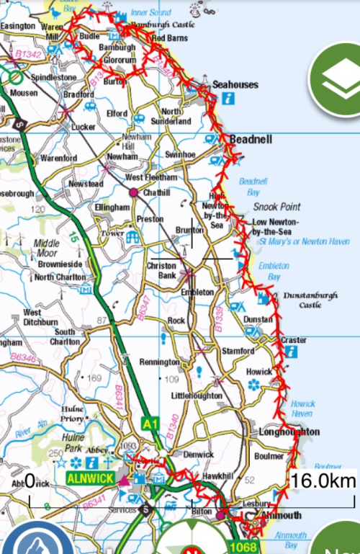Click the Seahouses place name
click(x=235, y=85)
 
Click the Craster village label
click(x=293, y=340)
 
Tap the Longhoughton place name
click(x=287, y=432)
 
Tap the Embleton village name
click(x=197, y=292)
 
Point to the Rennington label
click(x=158, y=362)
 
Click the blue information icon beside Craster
click(x=291, y=352)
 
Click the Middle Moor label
click(x=47, y=249)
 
